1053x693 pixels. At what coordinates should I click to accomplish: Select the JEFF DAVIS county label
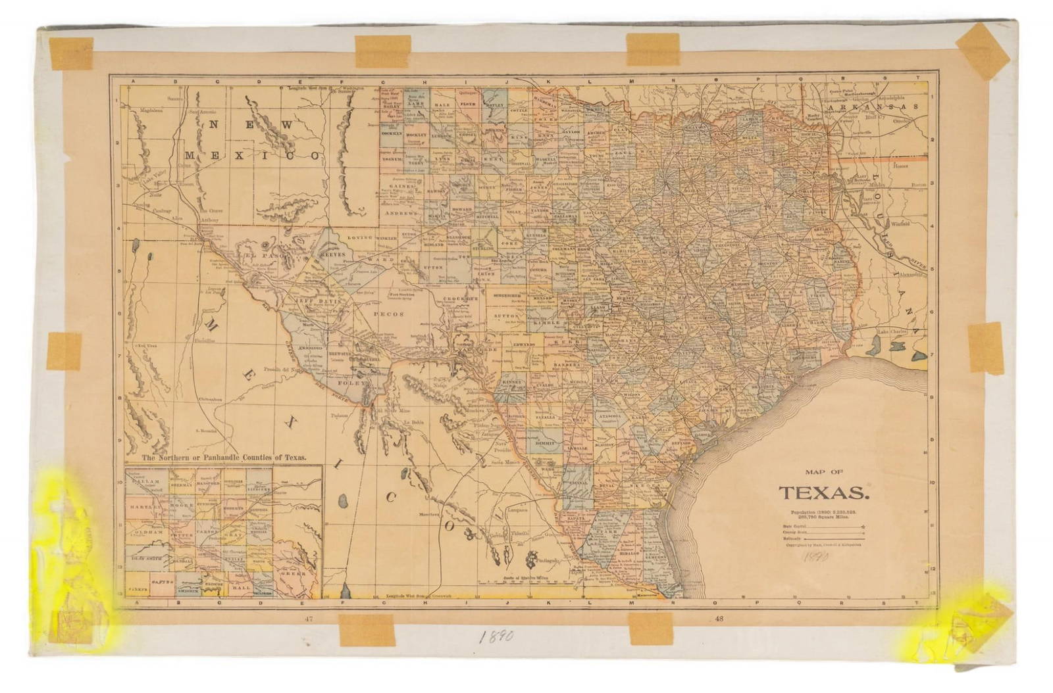tap(315, 298)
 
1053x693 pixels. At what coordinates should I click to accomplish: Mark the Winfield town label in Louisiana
tap(900, 224)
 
